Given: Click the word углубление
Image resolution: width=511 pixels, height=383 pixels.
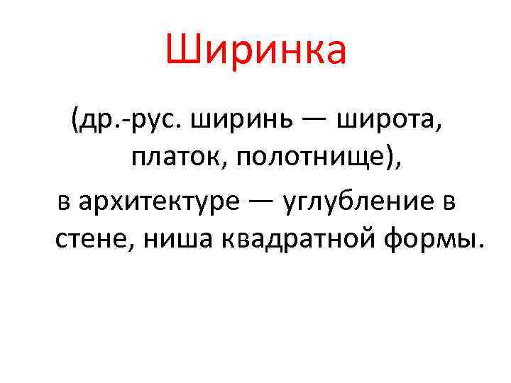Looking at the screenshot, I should [358, 201].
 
